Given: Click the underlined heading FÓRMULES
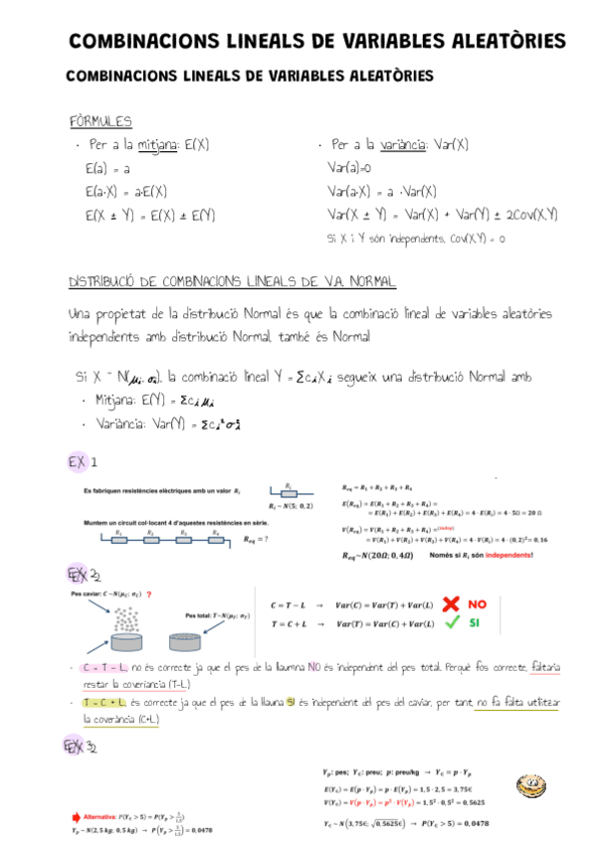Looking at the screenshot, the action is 100,121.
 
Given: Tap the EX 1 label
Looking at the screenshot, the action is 82,463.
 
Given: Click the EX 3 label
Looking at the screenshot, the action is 82,747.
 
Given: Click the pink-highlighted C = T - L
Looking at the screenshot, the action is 104,667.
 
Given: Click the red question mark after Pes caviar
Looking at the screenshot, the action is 148,593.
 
